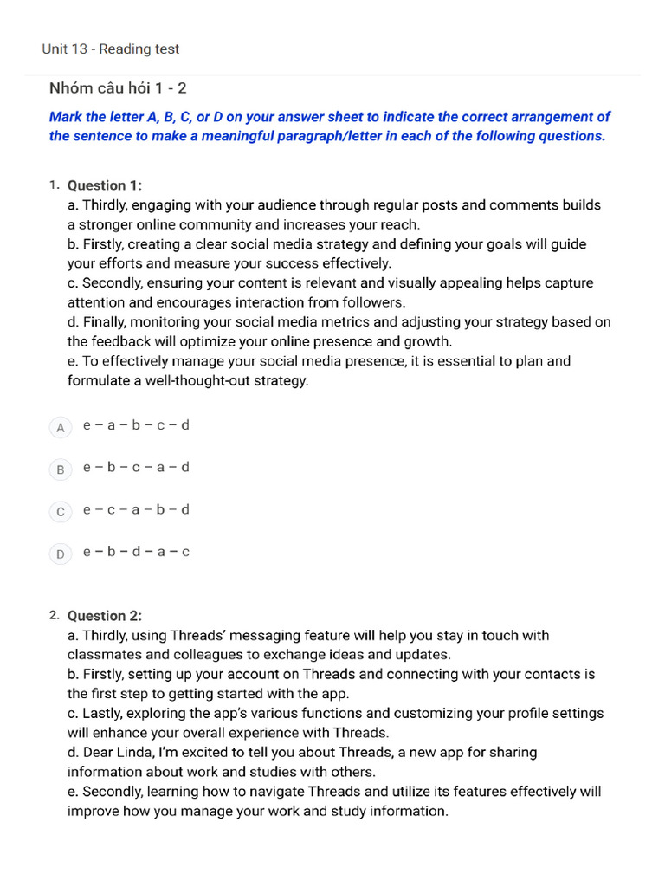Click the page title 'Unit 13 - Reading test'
click(x=111, y=49)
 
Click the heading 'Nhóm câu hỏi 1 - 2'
click(x=118, y=88)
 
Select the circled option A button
click(x=60, y=427)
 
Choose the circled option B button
click(x=60, y=469)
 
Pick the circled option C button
click(x=60, y=512)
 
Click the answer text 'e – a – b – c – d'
click(x=136, y=425)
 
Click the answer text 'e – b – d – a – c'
click(x=136, y=552)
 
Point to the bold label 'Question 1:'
click(x=105, y=185)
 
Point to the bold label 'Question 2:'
click(x=105, y=616)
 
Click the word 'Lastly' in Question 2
click(x=103, y=714)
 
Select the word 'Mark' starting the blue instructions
click(x=66, y=117)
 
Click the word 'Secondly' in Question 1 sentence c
click(x=112, y=283)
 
